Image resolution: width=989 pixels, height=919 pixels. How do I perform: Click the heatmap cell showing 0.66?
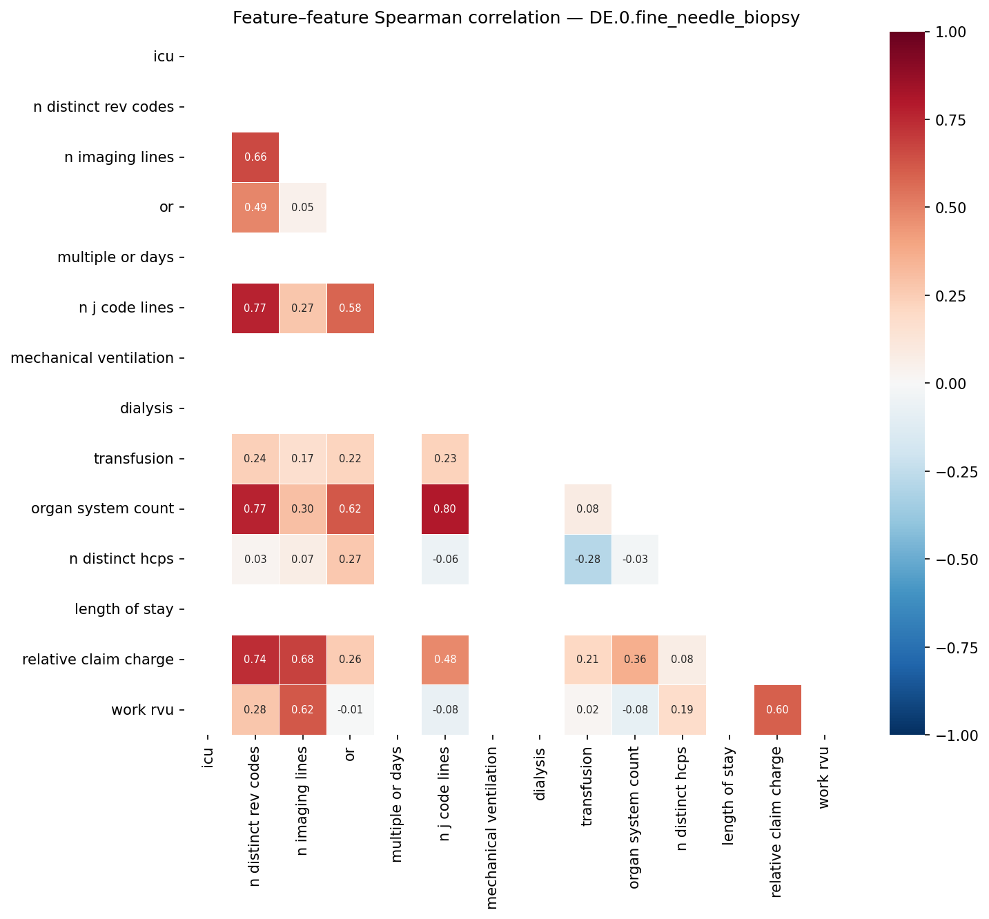pyautogui.click(x=255, y=157)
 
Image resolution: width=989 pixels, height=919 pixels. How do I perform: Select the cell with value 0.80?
pyautogui.click(x=445, y=509)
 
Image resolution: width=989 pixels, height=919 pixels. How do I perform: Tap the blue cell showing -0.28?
pyautogui.click(x=587, y=560)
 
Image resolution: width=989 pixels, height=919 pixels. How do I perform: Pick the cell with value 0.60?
pyautogui.click(x=777, y=710)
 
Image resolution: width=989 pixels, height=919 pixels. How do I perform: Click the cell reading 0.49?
pyautogui.click(x=255, y=208)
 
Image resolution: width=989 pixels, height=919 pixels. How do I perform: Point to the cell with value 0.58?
pyautogui.click(x=350, y=308)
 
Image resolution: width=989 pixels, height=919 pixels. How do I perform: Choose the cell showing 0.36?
pyautogui.click(x=635, y=660)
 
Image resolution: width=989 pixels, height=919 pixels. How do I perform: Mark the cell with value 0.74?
pyautogui.click(x=255, y=660)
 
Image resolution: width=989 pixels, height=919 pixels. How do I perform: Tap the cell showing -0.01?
pyautogui.click(x=350, y=710)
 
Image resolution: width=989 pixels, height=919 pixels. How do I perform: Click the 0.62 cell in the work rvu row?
pyautogui.click(x=302, y=710)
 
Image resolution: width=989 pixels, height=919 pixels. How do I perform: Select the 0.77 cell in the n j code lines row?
pyautogui.click(x=255, y=308)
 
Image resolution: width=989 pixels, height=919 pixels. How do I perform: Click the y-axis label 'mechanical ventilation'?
pyautogui.click(x=92, y=358)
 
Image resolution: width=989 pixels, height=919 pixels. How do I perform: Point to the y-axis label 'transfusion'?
pyautogui.click(x=133, y=459)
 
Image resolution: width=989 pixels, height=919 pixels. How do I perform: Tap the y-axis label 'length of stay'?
pyautogui.click(x=124, y=609)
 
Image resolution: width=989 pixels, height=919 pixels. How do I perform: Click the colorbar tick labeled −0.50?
pyautogui.click(x=955, y=560)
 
